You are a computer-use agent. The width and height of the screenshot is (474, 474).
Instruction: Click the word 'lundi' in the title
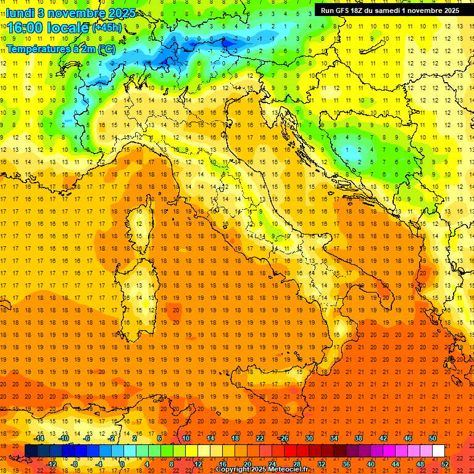[x=20, y=13]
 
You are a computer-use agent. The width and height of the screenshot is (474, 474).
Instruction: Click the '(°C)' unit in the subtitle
[x=106, y=48]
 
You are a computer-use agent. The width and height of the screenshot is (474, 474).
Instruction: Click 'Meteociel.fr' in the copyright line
[x=285, y=469]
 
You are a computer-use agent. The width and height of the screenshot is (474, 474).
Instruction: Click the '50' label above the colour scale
[x=433, y=438]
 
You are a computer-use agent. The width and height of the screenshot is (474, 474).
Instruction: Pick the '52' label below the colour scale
[x=445, y=464]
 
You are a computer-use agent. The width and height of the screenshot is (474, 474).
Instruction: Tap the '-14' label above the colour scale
[x=39, y=438]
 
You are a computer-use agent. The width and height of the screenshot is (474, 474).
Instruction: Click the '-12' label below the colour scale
[x=51, y=464]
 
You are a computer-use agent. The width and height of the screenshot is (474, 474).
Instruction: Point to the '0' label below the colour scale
[x=122, y=464]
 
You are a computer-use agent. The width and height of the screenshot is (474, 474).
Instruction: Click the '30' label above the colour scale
[x=309, y=438]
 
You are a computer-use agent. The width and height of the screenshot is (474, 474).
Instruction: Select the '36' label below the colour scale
[x=346, y=464]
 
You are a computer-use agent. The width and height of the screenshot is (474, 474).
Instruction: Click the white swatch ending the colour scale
[x=438, y=451]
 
